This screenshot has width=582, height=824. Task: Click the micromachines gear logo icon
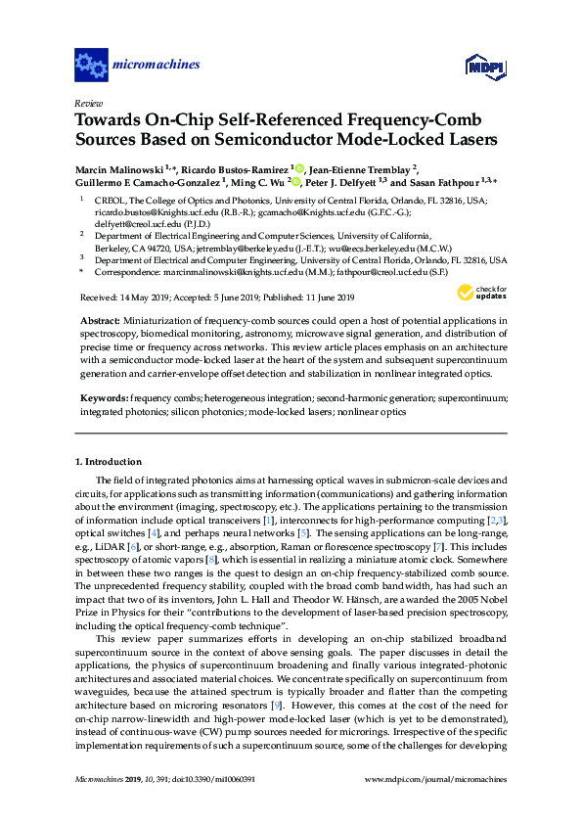(92, 66)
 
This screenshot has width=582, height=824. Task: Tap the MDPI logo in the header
(476, 66)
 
